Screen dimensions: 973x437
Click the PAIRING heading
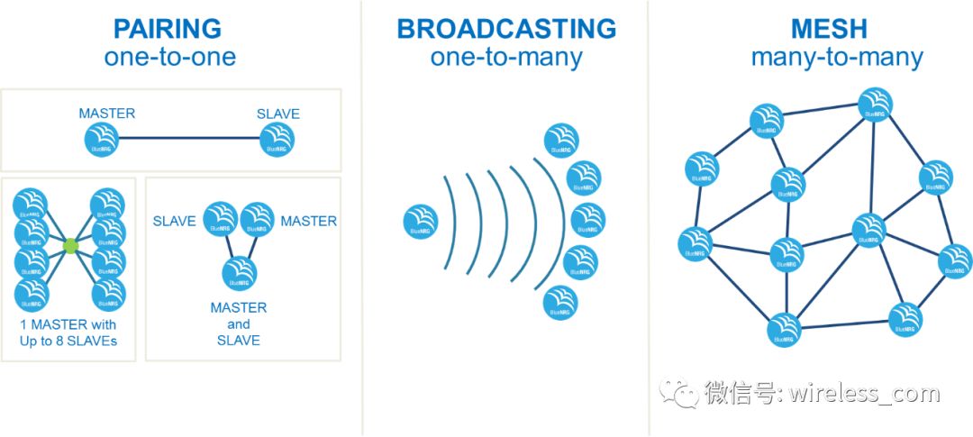[x=169, y=28]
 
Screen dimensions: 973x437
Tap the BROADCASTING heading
[x=506, y=28]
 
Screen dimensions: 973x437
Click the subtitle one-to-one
[x=169, y=58]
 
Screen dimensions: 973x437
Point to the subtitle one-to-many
[x=506, y=58]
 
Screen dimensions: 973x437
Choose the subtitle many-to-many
[x=837, y=58]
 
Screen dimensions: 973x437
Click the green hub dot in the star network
[x=71, y=245]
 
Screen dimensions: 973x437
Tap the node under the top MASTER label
[x=102, y=140]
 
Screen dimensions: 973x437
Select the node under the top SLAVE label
[x=277, y=140]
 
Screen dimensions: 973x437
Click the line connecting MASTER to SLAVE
[x=189, y=140]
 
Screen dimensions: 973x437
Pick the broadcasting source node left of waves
[x=421, y=222]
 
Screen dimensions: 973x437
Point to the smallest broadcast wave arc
[x=450, y=221]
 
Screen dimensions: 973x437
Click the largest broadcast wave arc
[x=549, y=221]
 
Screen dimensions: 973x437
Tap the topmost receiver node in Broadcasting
[x=561, y=140]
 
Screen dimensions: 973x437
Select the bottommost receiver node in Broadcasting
[x=560, y=302]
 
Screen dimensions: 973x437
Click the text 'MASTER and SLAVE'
[x=238, y=323]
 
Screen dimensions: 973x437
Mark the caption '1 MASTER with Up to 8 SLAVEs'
[x=68, y=332]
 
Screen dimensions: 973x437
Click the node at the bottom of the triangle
[x=238, y=272]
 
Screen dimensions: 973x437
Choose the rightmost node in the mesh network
[x=955, y=261]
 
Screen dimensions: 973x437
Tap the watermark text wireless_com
[x=865, y=394]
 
